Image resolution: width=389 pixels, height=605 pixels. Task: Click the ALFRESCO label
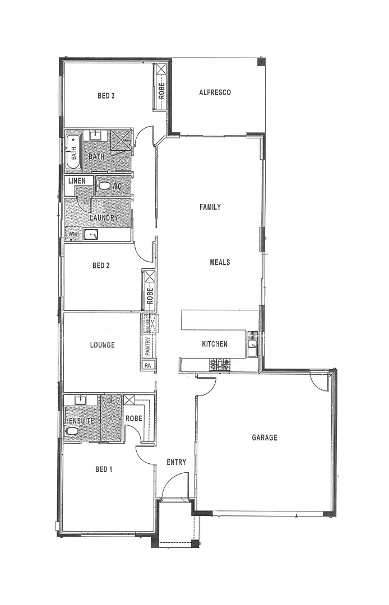pyautogui.click(x=215, y=93)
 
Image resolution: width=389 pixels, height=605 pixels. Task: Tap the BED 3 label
pyautogui.click(x=106, y=96)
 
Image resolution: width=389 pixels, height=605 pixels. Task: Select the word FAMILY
pyautogui.click(x=210, y=207)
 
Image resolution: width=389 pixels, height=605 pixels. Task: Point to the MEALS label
pyautogui.click(x=220, y=262)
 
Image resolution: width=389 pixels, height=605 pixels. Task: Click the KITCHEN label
pyautogui.click(x=215, y=344)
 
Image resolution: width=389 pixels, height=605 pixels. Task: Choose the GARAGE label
pyautogui.click(x=264, y=438)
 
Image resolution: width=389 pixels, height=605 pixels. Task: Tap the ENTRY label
pyautogui.click(x=176, y=462)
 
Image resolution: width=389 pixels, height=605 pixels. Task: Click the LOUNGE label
pyautogui.click(x=102, y=345)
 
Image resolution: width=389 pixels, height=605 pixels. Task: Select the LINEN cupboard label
pyautogui.click(x=77, y=181)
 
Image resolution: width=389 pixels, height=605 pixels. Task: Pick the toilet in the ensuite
pyautogui.click(x=72, y=431)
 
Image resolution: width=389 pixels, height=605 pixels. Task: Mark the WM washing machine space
pyautogui.click(x=72, y=234)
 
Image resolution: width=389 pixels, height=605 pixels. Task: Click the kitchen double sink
pyautogui.click(x=252, y=345)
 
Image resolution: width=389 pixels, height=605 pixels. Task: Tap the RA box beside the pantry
pyautogui.click(x=148, y=365)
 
